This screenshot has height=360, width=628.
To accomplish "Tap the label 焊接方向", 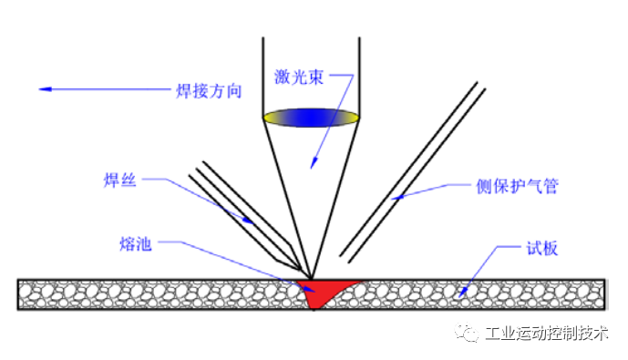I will [x=208, y=90].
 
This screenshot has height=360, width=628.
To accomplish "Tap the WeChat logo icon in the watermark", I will [x=468, y=334].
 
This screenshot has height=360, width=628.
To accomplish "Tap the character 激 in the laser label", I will [x=283, y=77].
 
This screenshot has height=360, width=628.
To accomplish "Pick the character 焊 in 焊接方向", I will [x=183, y=90].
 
